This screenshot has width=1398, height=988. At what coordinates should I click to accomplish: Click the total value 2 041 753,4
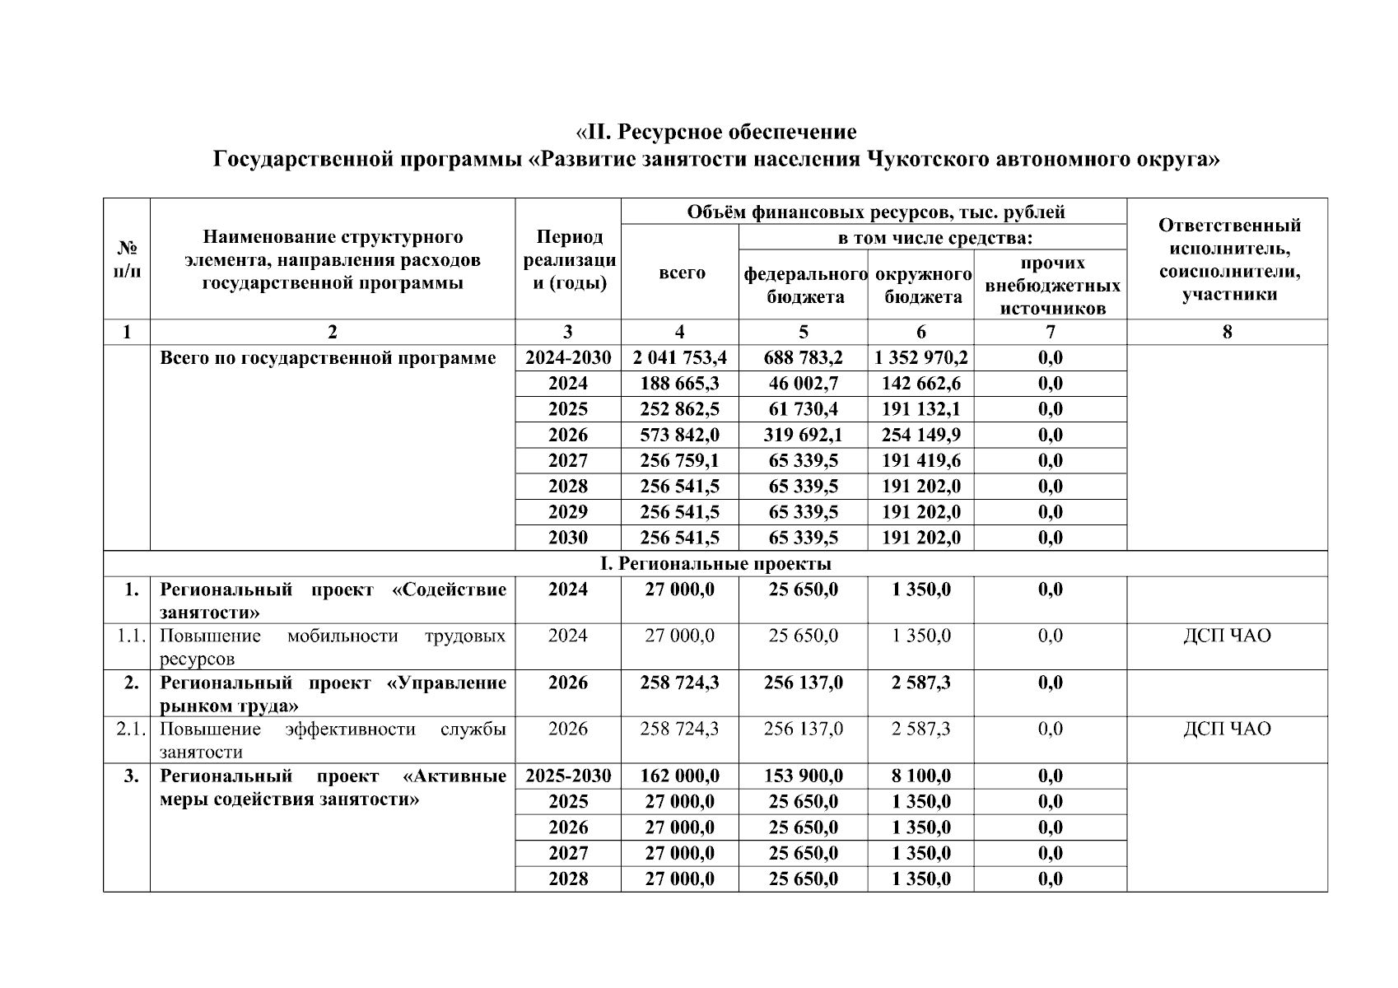click(x=679, y=358)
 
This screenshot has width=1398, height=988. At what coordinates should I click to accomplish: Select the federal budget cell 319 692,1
click(x=803, y=435)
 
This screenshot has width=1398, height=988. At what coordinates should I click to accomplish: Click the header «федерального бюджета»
click(x=804, y=285)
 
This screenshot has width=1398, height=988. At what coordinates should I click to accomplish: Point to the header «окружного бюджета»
click(x=922, y=285)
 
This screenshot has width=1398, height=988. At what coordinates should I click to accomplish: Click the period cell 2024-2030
click(x=568, y=358)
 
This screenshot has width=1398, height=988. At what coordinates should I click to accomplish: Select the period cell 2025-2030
click(x=568, y=776)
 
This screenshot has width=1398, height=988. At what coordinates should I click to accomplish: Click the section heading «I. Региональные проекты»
click(x=715, y=564)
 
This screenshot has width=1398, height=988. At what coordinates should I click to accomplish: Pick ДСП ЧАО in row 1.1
click(x=1226, y=636)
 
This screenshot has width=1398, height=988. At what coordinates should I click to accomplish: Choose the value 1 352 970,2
click(x=920, y=358)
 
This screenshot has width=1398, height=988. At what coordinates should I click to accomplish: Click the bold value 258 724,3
click(x=679, y=683)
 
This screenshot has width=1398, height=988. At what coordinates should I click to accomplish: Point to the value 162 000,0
click(x=679, y=776)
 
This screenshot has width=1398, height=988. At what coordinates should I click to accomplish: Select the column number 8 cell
click(x=1227, y=332)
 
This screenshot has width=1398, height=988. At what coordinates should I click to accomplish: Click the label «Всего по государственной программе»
click(x=328, y=358)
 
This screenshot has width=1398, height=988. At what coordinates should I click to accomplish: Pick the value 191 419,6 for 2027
click(x=920, y=460)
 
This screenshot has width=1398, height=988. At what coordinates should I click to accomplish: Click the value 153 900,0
click(x=803, y=776)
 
